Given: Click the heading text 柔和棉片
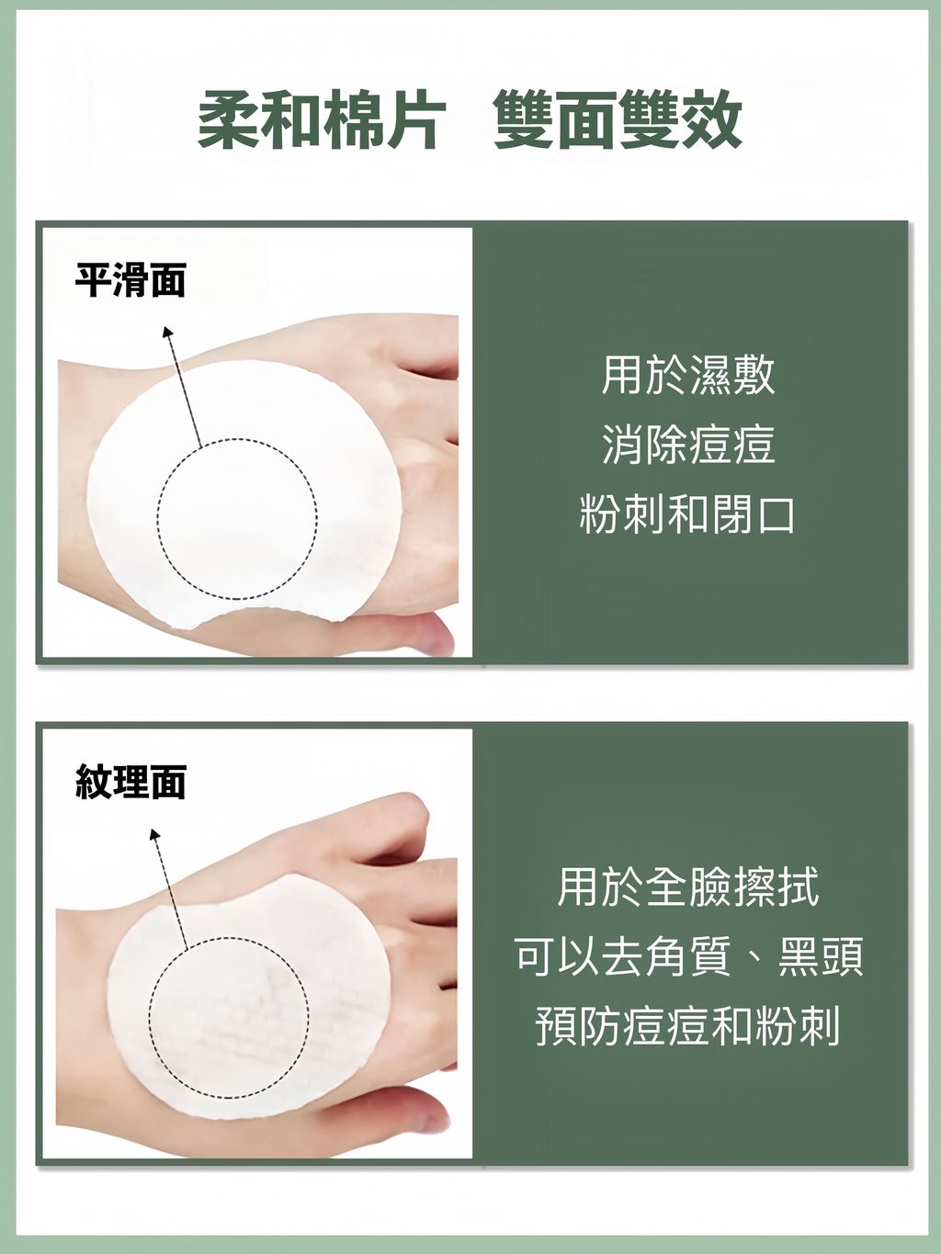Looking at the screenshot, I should tap(322, 121).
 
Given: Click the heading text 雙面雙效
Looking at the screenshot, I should tap(618, 121).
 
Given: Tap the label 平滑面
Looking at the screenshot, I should tap(130, 279).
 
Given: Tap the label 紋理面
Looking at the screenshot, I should tap(130, 782).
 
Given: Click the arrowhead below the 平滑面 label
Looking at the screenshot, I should tap(167, 331).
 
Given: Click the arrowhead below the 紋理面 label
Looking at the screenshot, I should tap(154, 834).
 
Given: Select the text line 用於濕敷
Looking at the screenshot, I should tap(688, 375).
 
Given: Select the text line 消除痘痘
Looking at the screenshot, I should tap(688, 445).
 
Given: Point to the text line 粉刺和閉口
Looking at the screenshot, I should tap(688, 514).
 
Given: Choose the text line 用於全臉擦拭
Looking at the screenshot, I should tap(688, 887).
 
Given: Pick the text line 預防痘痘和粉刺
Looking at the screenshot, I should tap(688, 1027).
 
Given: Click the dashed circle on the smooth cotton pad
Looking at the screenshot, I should tap(237, 520).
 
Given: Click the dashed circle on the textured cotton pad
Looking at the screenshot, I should tap(229, 1017).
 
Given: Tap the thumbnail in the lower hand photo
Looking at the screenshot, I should tap(432, 1119).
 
